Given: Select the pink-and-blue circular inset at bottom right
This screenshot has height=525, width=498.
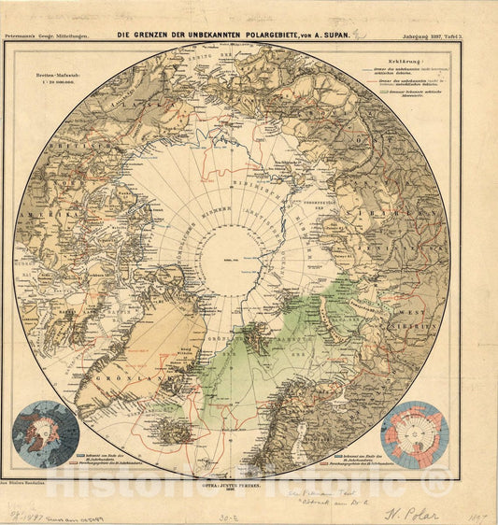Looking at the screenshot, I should pyautogui.click(x=414, y=434).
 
